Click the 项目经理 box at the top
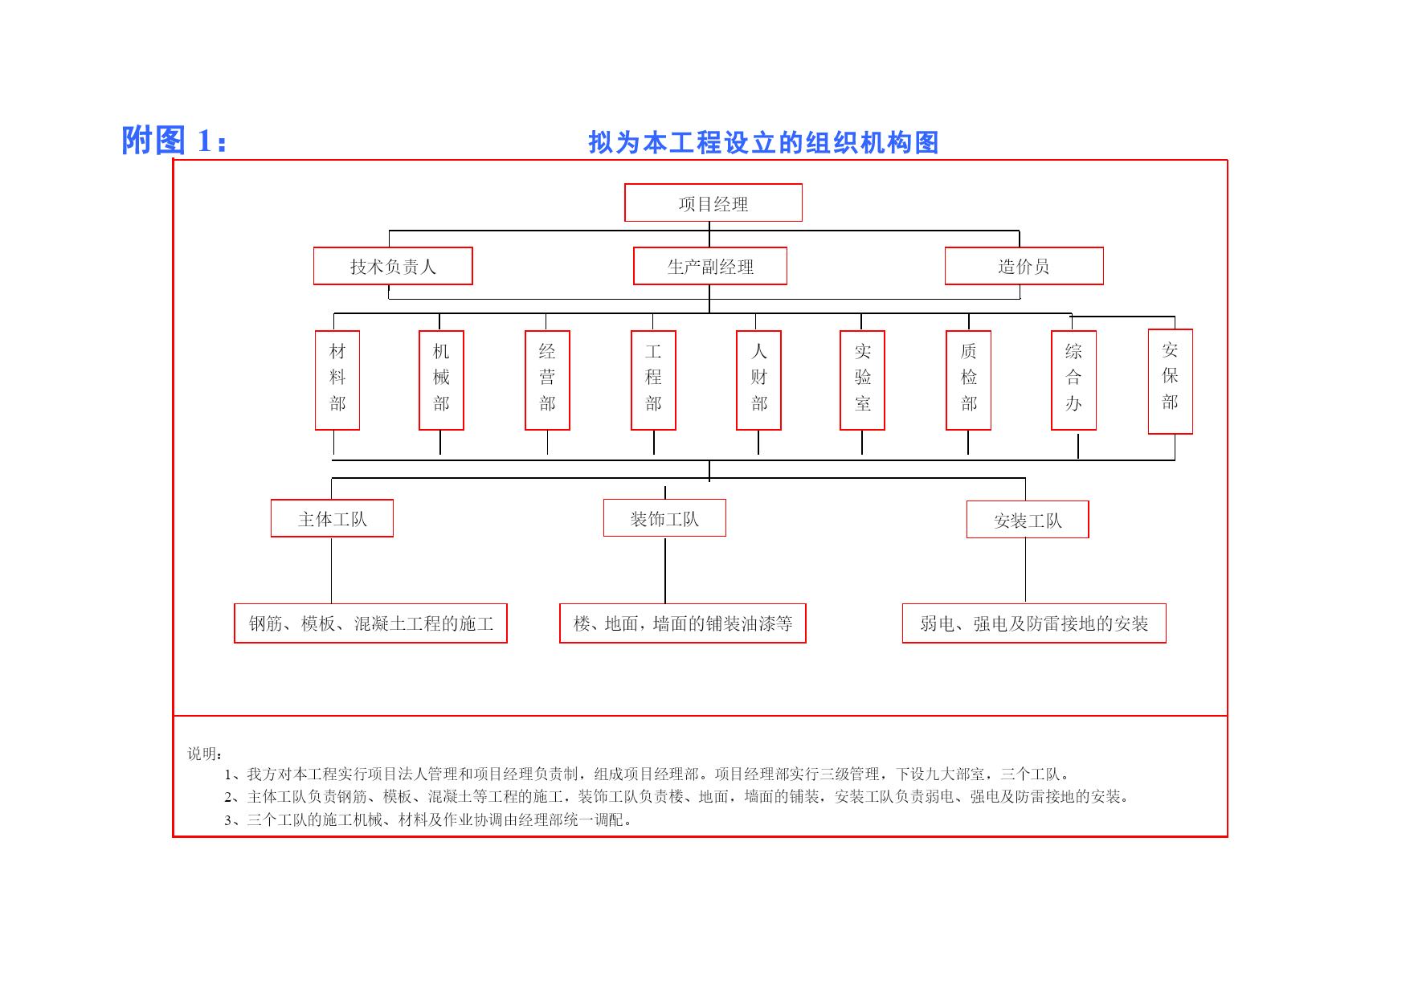point(713,202)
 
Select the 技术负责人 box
point(393,266)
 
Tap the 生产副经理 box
point(710,266)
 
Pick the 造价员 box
point(1024,266)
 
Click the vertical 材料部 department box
point(337,380)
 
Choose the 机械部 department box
point(441,380)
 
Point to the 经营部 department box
point(547,380)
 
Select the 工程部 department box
point(653,380)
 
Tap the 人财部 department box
point(758,380)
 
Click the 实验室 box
point(862,380)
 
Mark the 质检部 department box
point(968,380)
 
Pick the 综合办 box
point(1073,380)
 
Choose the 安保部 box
point(1171,382)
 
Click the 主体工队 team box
point(332,518)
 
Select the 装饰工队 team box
point(664,518)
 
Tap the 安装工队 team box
point(1028,520)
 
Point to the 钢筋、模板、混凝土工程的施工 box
point(370,623)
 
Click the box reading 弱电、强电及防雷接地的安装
point(1034,623)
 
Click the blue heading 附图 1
point(174,141)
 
